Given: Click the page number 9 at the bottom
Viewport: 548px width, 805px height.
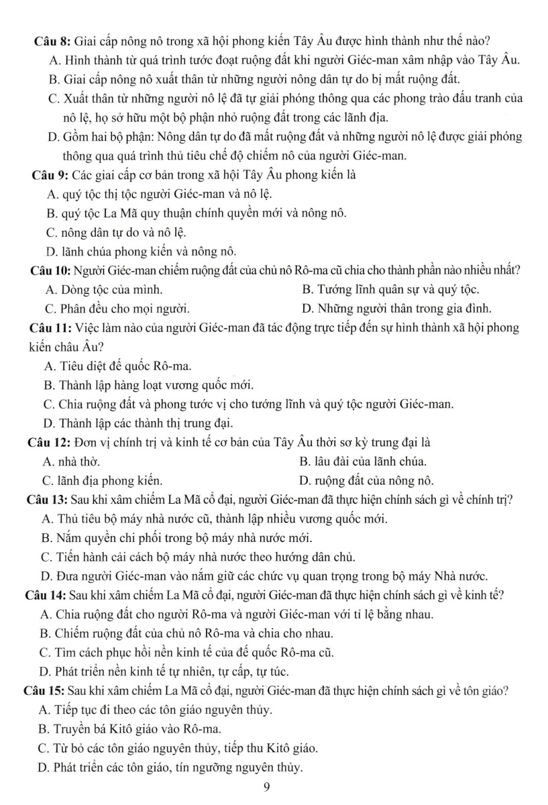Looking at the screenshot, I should (266, 788).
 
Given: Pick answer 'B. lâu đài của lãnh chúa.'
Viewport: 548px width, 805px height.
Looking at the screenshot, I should (364, 462).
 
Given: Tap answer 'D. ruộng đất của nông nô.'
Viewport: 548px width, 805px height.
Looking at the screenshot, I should (368, 480).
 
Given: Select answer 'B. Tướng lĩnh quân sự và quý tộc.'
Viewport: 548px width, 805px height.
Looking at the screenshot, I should (390, 290).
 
